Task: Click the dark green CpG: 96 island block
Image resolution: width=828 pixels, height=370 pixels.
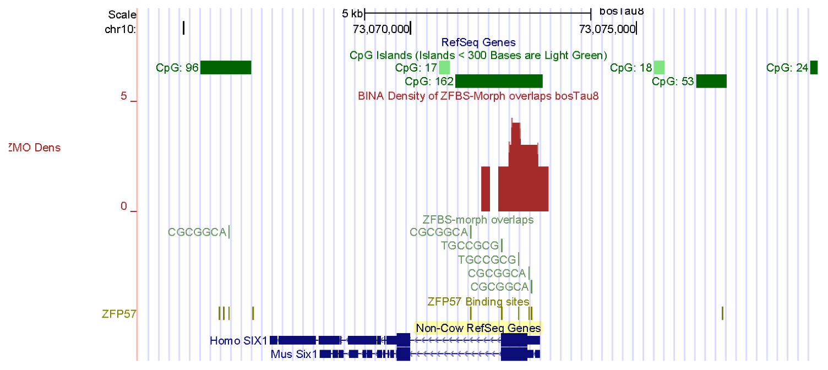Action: click(226, 68)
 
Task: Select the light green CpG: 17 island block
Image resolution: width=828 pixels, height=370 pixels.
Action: click(444, 68)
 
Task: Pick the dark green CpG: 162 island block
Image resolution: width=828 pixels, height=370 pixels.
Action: click(499, 81)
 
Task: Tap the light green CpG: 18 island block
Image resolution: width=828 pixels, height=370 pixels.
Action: click(659, 68)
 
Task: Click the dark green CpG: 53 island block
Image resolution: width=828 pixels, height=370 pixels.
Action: click(711, 81)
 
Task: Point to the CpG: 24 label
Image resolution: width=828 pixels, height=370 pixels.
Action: click(787, 68)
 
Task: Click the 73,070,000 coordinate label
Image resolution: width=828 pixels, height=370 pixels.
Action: click(381, 29)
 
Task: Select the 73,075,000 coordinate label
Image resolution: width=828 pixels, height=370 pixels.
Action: click(607, 29)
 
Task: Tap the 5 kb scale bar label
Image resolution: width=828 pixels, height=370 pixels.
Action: click(352, 13)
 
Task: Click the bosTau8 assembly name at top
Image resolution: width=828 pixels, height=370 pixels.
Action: click(622, 12)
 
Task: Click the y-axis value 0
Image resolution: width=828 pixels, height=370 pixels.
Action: click(124, 206)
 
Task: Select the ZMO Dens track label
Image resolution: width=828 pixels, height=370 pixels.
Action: click(35, 148)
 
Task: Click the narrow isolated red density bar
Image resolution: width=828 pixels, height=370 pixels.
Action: click(486, 188)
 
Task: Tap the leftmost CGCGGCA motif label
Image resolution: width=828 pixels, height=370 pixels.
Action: click(197, 232)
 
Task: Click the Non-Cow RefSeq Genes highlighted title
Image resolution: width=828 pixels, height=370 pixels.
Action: click(478, 328)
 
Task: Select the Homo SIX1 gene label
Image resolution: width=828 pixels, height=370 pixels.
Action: click(238, 341)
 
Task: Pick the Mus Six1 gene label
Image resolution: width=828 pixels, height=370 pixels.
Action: click(294, 354)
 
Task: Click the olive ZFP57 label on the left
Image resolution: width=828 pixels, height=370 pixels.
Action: click(119, 314)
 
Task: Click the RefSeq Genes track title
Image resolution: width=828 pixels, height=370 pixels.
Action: click(478, 42)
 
